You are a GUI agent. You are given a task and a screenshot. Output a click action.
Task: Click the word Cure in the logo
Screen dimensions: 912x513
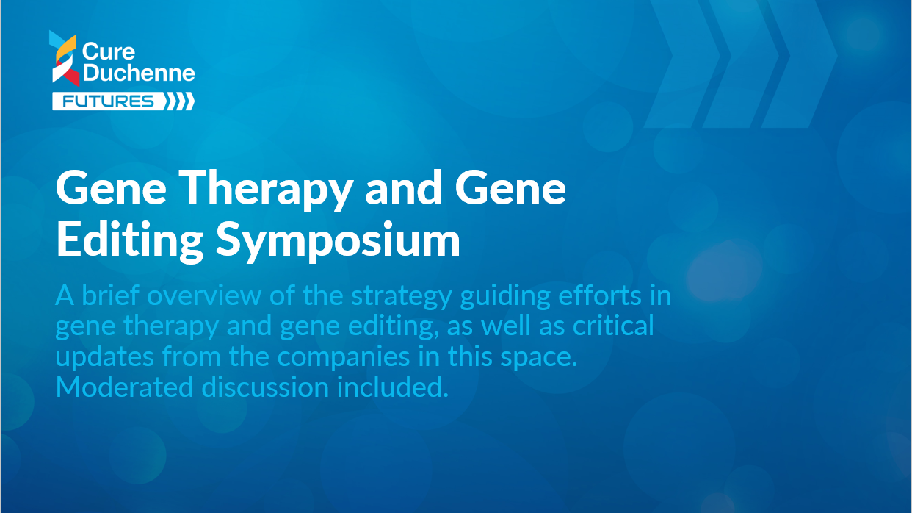(x=108, y=51)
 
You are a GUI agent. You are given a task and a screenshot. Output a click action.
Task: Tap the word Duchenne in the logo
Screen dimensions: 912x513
(x=139, y=73)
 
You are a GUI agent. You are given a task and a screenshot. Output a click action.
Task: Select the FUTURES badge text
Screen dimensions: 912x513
(x=108, y=101)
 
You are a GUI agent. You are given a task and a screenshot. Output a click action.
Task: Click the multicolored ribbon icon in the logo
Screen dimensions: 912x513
(x=65, y=58)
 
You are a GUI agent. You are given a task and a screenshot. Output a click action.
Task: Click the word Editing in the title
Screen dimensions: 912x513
(x=129, y=241)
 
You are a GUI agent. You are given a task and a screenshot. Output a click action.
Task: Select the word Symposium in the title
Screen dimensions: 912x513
(x=338, y=241)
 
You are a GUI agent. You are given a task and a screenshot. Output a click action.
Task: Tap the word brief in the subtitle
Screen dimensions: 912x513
(x=110, y=295)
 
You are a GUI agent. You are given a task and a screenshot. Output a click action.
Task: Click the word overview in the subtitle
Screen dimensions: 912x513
(x=204, y=295)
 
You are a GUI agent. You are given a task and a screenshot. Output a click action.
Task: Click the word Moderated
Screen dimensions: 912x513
(x=124, y=387)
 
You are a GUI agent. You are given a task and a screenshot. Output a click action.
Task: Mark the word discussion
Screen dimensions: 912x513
(x=265, y=387)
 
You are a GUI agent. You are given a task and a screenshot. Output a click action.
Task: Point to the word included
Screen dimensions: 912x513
(x=393, y=387)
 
